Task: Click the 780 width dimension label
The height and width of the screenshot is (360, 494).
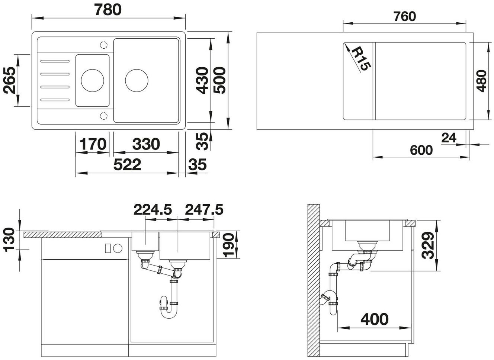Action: click(108, 10)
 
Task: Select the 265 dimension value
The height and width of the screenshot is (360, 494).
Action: click(10, 80)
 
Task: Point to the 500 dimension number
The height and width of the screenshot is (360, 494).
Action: click(219, 80)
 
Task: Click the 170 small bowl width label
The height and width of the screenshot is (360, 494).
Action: click(93, 144)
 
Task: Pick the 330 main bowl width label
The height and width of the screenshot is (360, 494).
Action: click(146, 144)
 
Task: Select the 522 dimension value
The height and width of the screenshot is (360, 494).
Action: click(127, 164)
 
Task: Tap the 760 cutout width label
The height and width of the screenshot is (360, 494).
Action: click(405, 16)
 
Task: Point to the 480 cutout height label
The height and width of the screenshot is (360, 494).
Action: click(481, 81)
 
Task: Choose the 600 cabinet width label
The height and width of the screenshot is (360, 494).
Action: click(421, 150)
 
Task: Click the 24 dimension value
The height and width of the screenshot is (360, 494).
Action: click(449, 138)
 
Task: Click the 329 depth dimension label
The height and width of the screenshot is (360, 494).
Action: click(428, 245)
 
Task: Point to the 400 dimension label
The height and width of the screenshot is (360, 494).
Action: click(375, 319)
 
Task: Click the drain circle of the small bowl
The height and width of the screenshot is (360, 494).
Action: click(92, 80)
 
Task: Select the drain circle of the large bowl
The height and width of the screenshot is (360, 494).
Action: click(137, 80)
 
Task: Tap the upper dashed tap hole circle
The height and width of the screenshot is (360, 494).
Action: click(104, 45)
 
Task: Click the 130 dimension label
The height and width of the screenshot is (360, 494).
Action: click(10, 240)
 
